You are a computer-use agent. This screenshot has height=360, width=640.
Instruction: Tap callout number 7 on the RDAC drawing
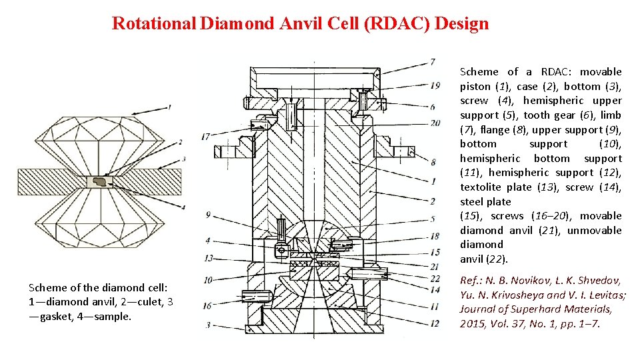[433, 62]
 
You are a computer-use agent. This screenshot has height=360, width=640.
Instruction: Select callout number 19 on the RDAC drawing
[435, 85]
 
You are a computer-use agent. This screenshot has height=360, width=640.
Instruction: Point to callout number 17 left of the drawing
[206, 137]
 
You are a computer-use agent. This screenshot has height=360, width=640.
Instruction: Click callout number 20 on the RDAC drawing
[435, 123]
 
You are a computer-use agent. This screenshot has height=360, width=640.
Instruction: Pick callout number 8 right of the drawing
[433, 161]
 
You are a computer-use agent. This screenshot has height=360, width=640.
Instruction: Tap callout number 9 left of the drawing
[209, 215]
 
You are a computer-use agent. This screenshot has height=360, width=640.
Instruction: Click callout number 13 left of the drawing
[209, 258]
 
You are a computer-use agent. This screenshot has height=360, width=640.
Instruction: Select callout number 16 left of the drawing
[207, 305]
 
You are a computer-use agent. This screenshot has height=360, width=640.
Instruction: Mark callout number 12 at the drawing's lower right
[435, 323]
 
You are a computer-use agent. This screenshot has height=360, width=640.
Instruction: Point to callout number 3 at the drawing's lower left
[208, 325]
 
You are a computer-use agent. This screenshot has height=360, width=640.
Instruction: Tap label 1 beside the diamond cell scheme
[169, 106]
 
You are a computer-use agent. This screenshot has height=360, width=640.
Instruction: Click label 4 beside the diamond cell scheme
[183, 207]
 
